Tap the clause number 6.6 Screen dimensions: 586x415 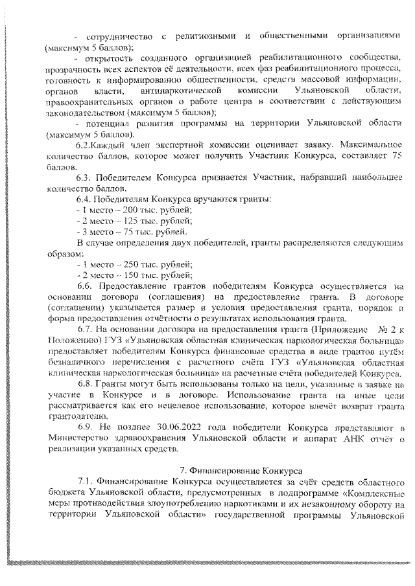pyautogui.click(x=85, y=286)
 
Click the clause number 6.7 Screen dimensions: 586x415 pyautogui.click(x=85, y=328)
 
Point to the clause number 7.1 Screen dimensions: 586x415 pyautogui.click(x=85, y=482)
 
